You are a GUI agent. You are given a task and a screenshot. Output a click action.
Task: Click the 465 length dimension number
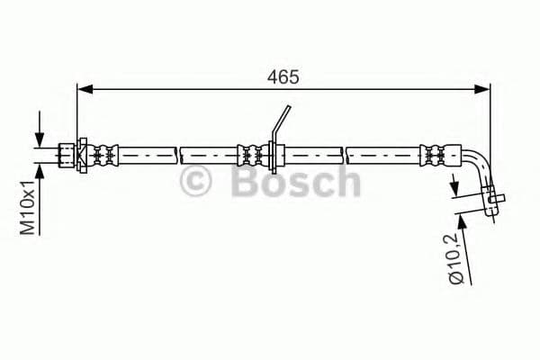coord(283,77)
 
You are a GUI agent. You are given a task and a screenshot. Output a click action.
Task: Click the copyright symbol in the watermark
coord(196,183)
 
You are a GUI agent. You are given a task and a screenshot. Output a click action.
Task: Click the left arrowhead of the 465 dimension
coord(84,89)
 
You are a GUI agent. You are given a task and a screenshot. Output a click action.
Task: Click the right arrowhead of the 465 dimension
coord(483,89)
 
